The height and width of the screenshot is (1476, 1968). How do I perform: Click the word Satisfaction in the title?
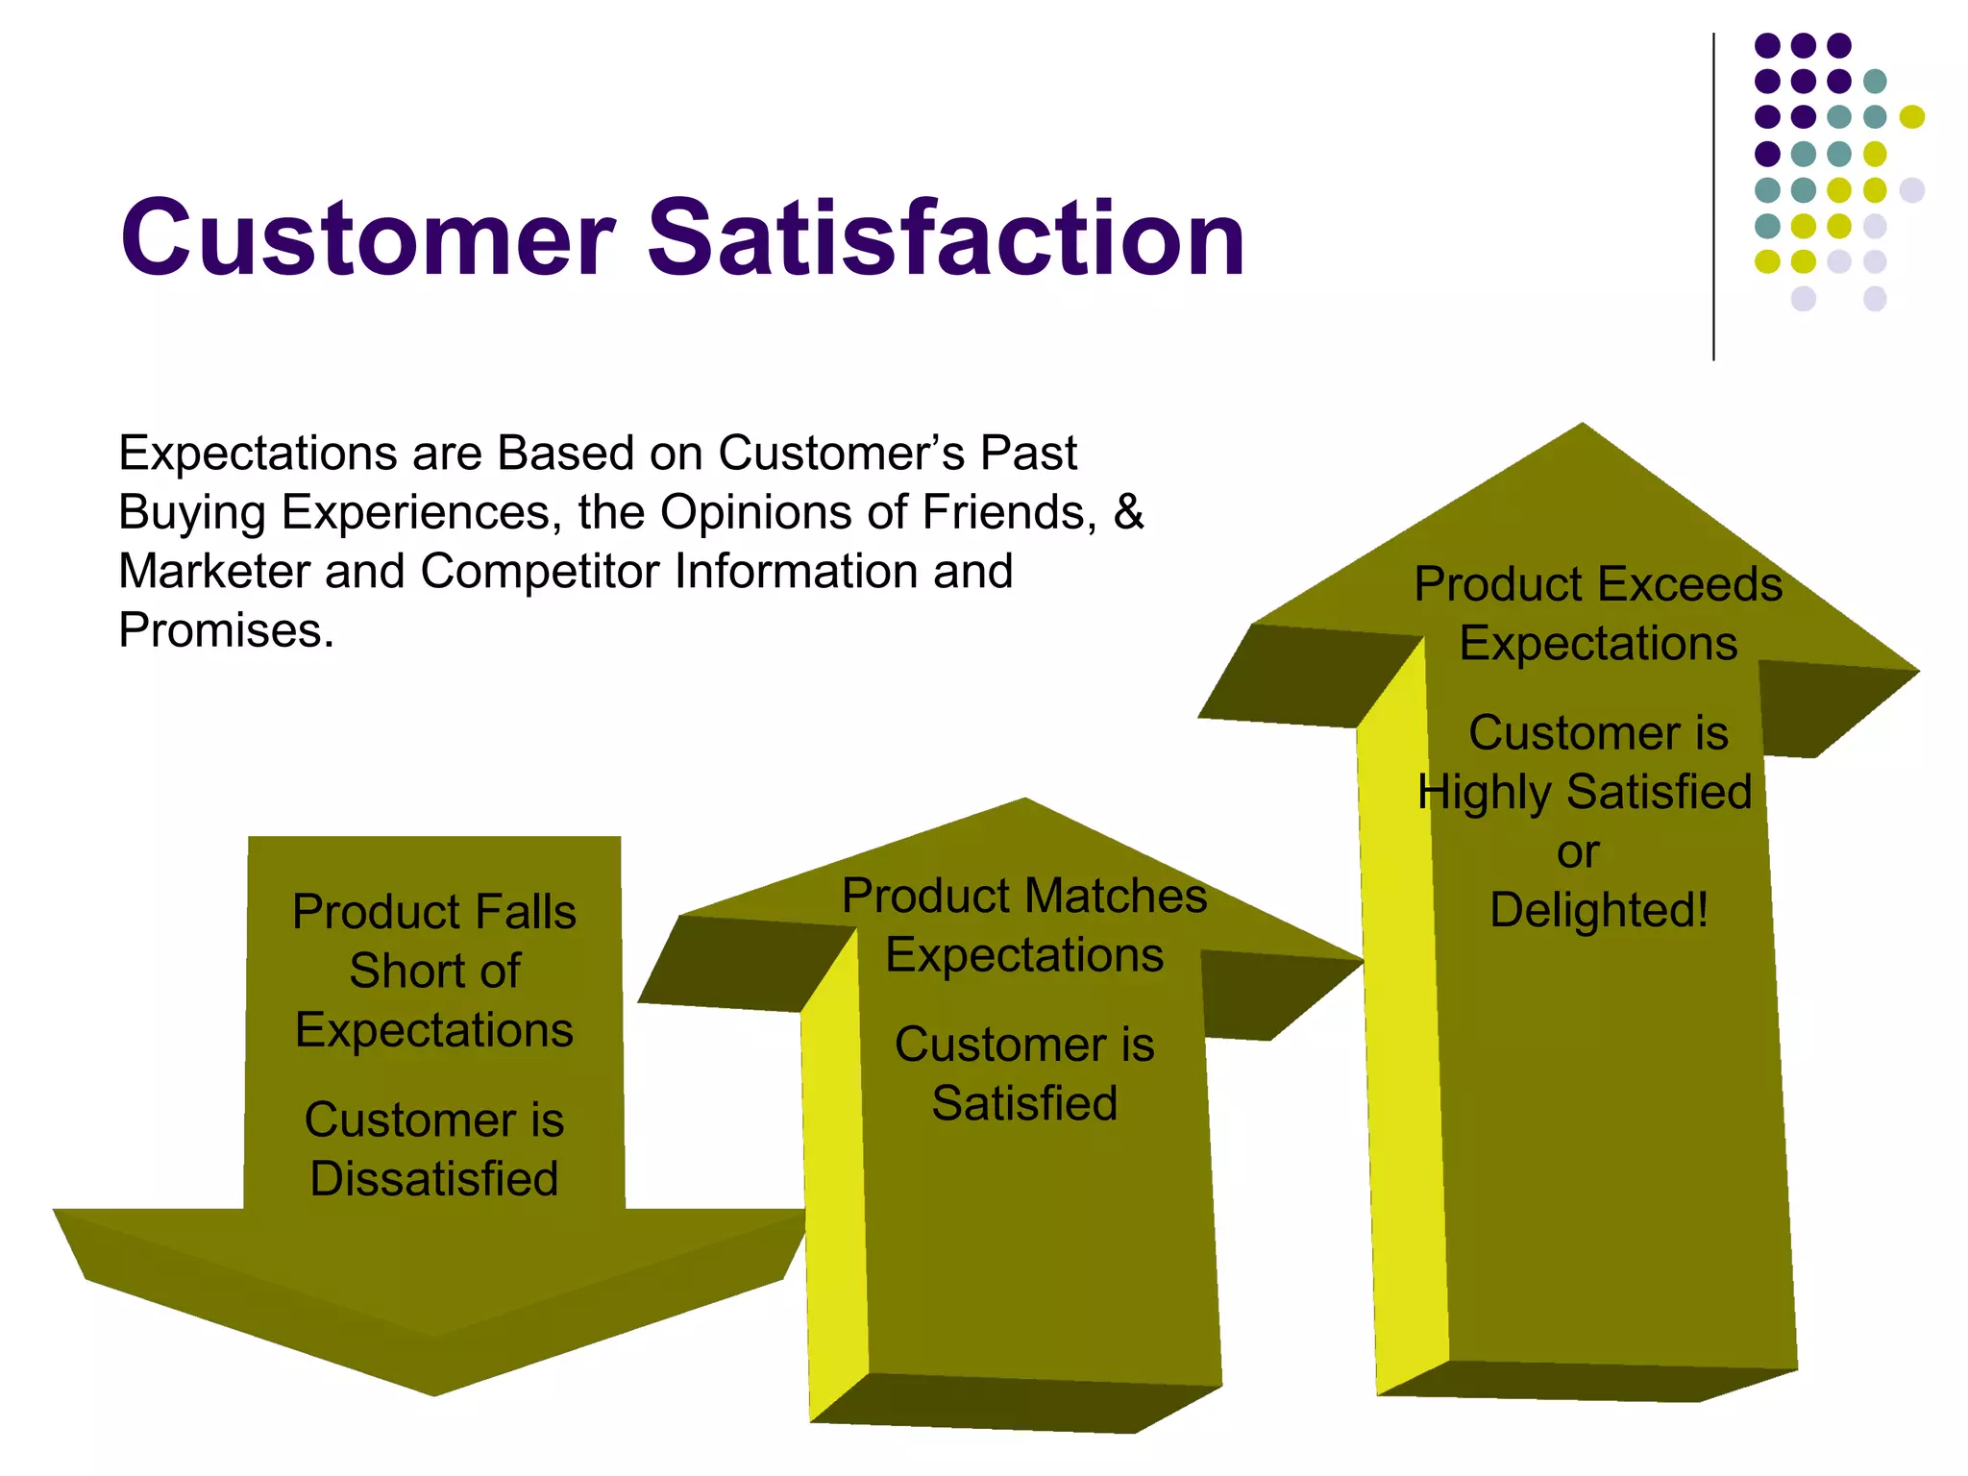click(947, 238)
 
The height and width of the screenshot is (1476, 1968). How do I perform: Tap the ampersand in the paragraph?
click(1128, 511)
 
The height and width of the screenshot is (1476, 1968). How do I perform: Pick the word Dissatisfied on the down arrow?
click(434, 1179)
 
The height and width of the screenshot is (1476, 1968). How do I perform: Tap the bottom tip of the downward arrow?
click(434, 1391)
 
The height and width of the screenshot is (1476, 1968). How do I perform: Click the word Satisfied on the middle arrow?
click(1024, 1103)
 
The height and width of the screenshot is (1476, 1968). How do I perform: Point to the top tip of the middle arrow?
click(1025, 801)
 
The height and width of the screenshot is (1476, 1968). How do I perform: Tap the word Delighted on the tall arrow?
click(1598, 910)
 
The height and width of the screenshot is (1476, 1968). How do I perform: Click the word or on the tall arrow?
click(1578, 851)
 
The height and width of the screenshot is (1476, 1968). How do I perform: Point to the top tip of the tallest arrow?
click(1582, 427)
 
